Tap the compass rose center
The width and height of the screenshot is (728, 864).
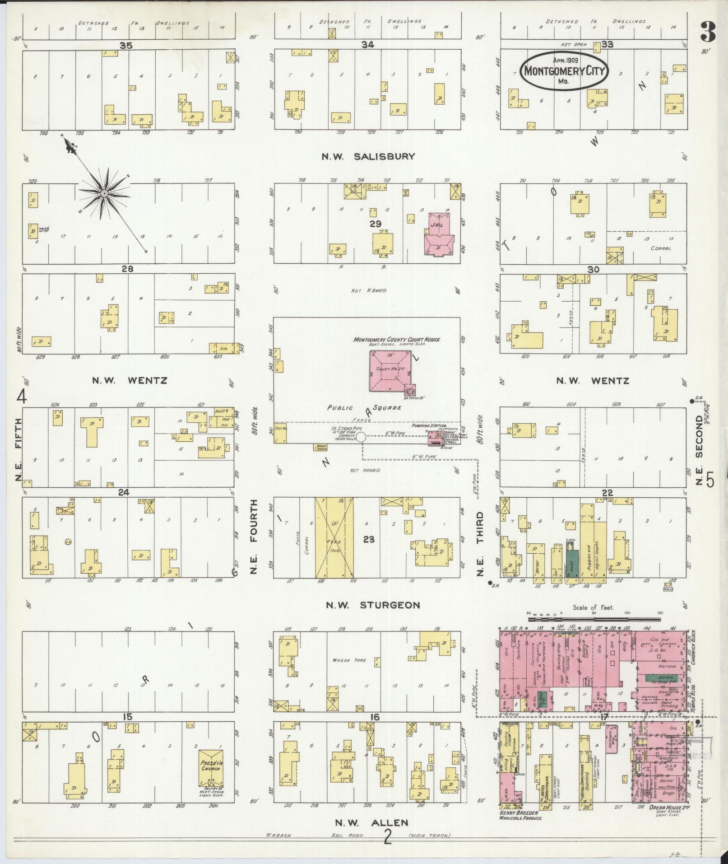[x=104, y=193]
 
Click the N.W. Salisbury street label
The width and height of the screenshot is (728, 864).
[x=368, y=157]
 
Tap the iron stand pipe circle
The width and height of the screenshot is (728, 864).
[x=362, y=437]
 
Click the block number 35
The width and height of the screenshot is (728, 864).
[x=125, y=45]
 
